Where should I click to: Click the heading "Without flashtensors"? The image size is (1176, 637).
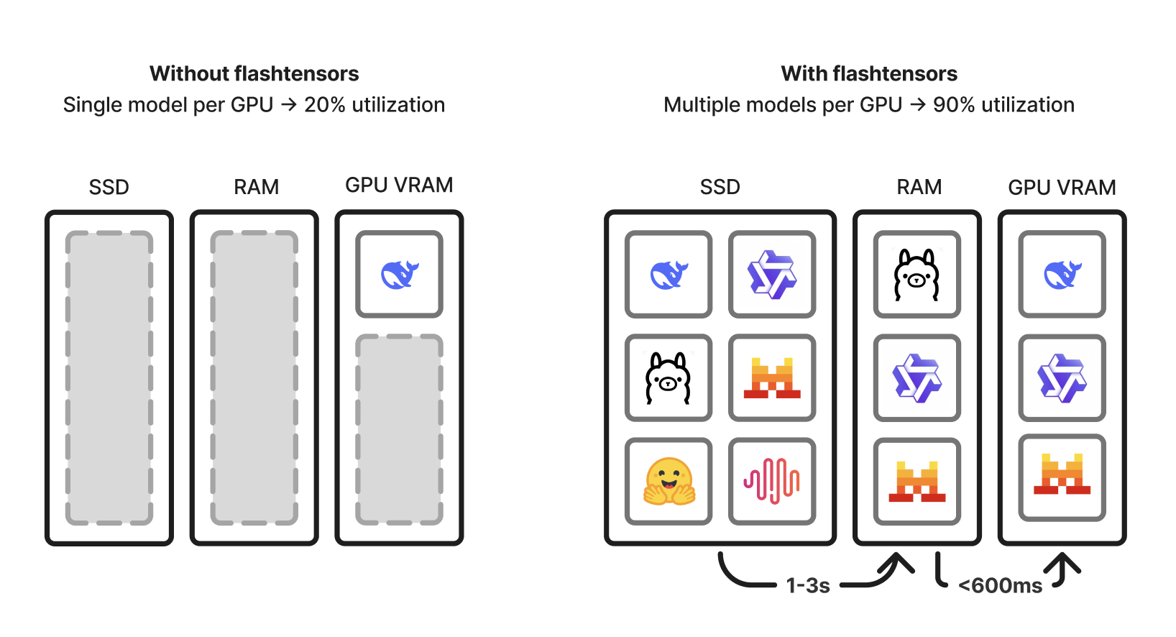[x=254, y=73]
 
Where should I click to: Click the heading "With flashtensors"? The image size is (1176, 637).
[x=868, y=73]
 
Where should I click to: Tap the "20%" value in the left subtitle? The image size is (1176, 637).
[x=325, y=105]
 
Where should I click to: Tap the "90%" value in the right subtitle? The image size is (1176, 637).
[x=954, y=105]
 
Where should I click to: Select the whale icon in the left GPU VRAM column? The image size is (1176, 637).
[x=399, y=274]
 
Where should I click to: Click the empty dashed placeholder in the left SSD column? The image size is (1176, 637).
[x=109, y=377]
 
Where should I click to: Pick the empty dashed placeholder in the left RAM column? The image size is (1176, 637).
[x=254, y=377]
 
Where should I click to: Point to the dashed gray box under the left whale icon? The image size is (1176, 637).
[x=399, y=429]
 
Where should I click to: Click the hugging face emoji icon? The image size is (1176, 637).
[x=669, y=481]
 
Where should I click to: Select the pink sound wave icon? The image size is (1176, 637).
[x=772, y=481]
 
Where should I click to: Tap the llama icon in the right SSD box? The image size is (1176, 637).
[x=669, y=377]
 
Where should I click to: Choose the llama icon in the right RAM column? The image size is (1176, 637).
[x=917, y=274]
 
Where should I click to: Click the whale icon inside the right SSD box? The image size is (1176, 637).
[x=669, y=274]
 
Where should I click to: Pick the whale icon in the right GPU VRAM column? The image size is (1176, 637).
[x=1062, y=274]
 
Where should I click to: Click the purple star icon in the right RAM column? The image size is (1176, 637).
[x=917, y=377]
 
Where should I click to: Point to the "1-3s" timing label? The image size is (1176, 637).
[x=808, y=585]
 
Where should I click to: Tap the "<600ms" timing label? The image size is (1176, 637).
[x=1000, y=585]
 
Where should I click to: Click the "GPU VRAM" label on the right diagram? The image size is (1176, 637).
[x=1062, y=188]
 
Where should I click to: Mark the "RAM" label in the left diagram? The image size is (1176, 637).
[x=256, y=187]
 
